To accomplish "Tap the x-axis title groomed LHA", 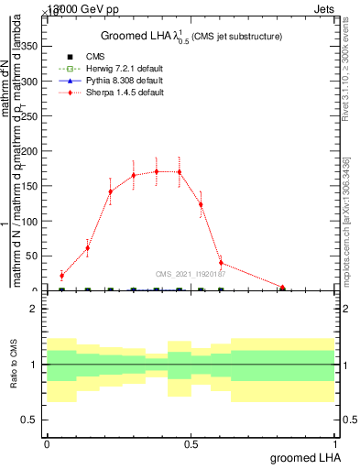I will (x=303, y=457).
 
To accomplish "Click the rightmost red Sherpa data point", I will (x=283, y=288).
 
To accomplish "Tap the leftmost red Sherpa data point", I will (x=61, y=275).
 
